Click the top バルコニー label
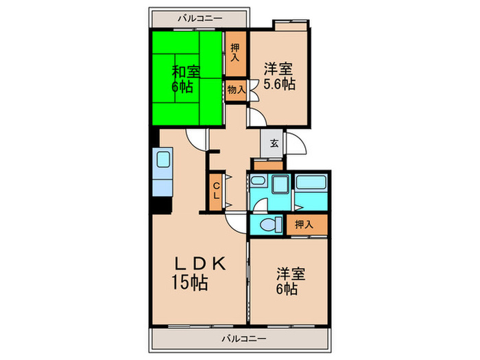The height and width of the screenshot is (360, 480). [x=200, y=18]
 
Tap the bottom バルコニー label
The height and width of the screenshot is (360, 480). [x=243, y=338]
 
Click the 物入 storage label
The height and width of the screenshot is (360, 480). [x=235, y=90]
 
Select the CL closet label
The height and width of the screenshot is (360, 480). [x=215, y=190]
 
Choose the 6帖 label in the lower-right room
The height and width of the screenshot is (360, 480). [x=287, y=289]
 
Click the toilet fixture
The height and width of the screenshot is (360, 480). [x=269, y=224]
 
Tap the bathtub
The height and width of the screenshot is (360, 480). [x=312, y=184]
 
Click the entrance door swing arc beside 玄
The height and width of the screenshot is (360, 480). [x=296, y=145]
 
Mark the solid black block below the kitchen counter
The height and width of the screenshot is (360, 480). [x=160, y=204]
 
